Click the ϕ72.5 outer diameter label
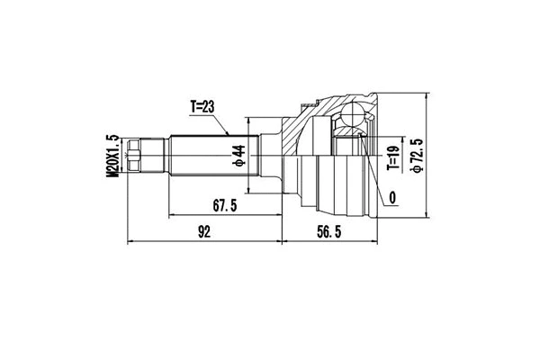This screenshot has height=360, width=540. click(x=416, y=154)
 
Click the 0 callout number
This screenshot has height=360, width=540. click(x=393, y=197)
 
